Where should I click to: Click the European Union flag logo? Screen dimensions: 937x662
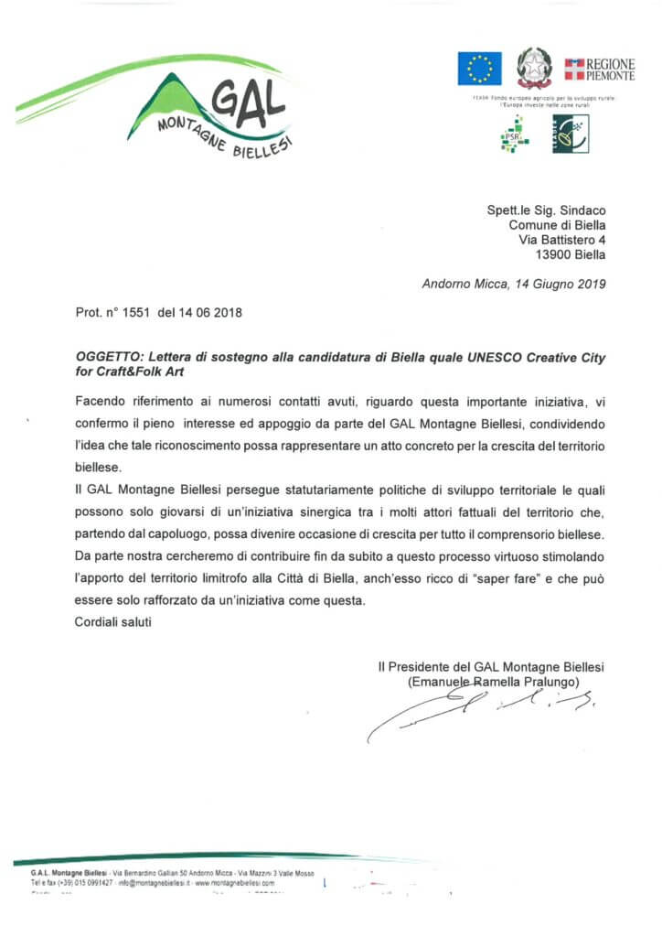pos(479,69)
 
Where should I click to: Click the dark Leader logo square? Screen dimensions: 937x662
pos(571,134)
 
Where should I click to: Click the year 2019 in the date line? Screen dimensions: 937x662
pos(589,285)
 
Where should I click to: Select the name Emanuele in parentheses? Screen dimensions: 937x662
pos(439,682)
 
